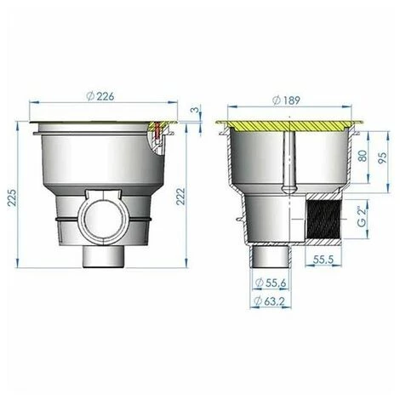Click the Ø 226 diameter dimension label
[100, 96]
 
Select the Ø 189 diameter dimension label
[286, 100]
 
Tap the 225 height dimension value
[12, 197]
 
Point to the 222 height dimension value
[180, 197]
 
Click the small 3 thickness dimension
[195, 109]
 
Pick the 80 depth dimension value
[363, 156]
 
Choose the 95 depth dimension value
[382, 157]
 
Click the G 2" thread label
[362, 217]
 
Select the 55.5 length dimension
[323, 260]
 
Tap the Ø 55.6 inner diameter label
[271, 283]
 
